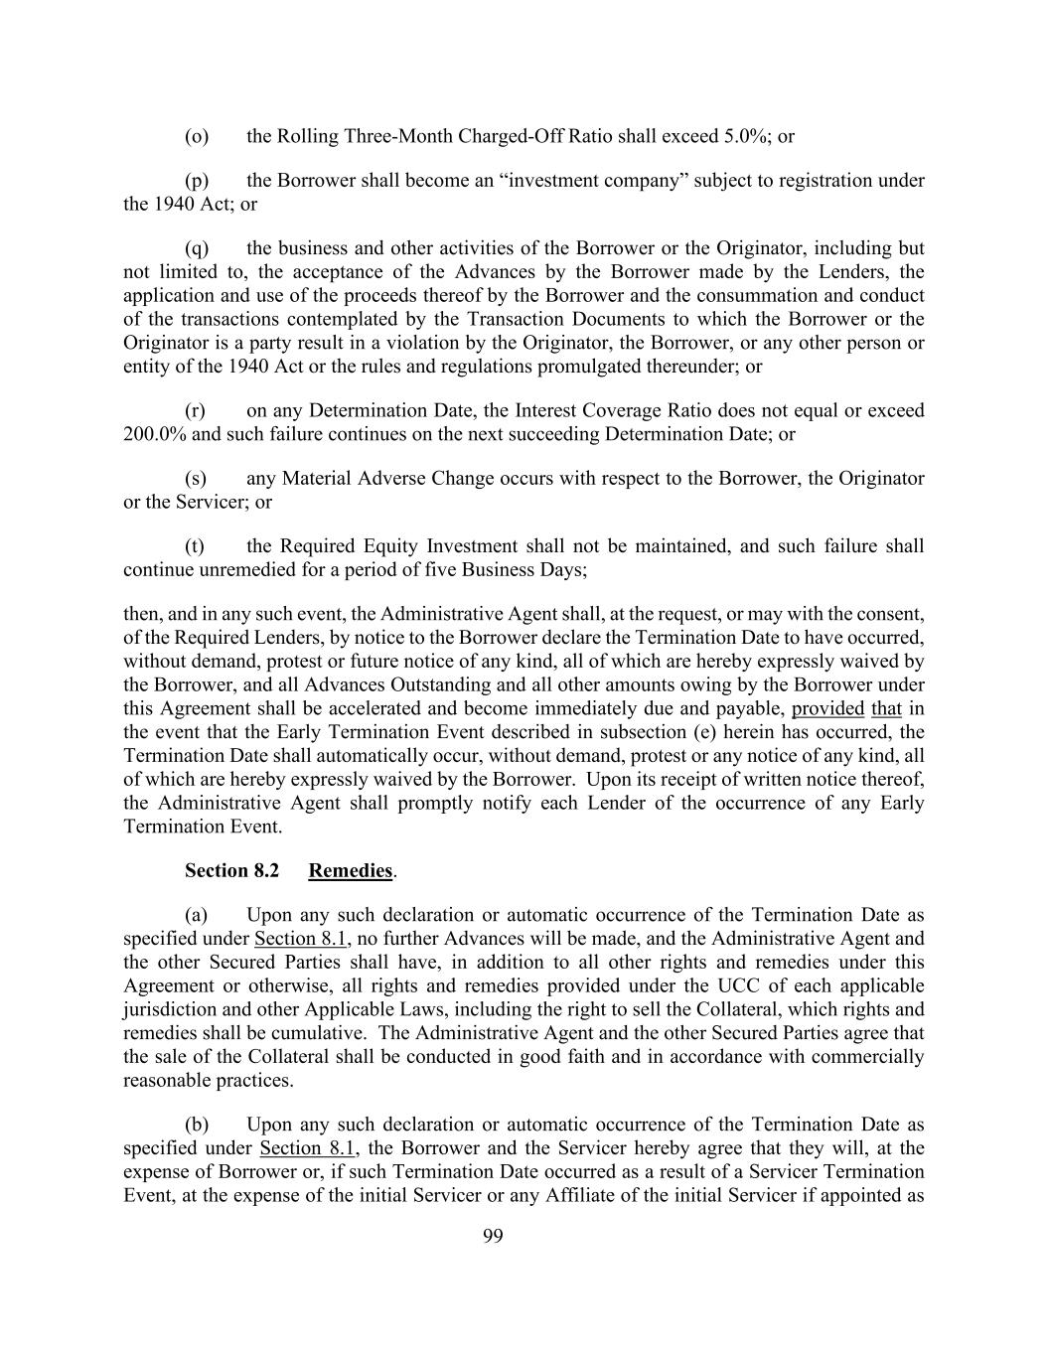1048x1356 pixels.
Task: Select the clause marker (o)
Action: click(196, 136)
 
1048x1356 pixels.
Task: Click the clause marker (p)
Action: click(196, 181)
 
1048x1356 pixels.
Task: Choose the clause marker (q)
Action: click(196, 248)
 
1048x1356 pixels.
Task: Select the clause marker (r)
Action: click(195, 410)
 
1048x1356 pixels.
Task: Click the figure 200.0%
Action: click(154, 434)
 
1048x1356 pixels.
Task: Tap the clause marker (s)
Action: click(195, 478)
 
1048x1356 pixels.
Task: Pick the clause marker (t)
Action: click(195, 545)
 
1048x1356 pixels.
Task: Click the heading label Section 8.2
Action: click(231, 871)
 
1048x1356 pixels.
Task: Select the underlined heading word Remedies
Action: click(351, 871)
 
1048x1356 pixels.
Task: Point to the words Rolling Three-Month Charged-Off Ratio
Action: click(444, 136)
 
